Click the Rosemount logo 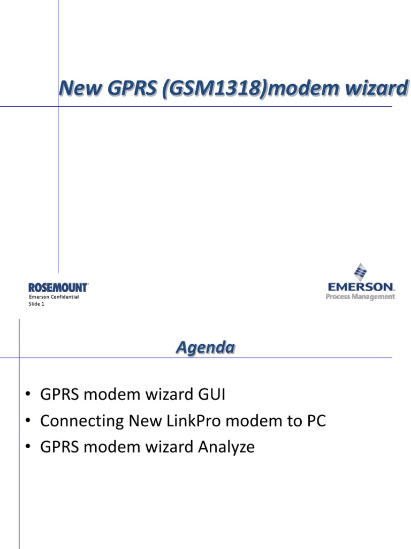58,288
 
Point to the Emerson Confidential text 54,297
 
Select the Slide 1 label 36,304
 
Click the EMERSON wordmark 361,287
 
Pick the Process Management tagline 361,296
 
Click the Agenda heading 205,348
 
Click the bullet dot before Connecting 28,421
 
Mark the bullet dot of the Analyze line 28,447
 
